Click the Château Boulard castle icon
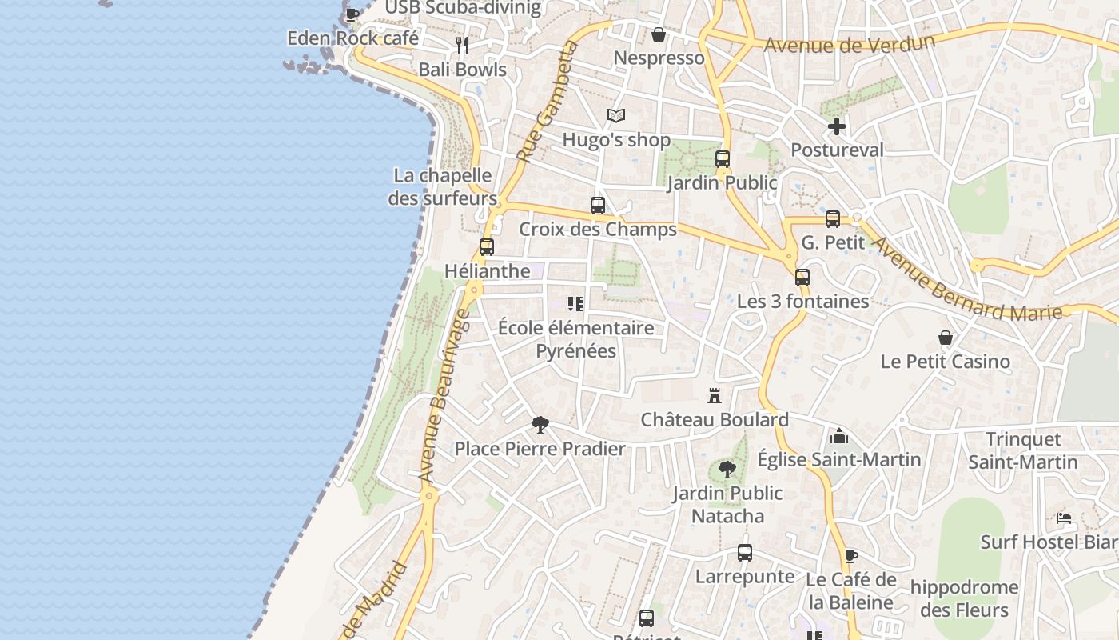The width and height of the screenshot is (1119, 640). [x=715, y=395]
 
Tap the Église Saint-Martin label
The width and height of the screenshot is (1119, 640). [x=838, y=459]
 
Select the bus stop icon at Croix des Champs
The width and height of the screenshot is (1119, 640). [x=598, y=206]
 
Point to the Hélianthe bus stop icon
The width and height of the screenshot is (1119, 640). [x=487, y=247]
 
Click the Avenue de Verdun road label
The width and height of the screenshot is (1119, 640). [x=849, y=42]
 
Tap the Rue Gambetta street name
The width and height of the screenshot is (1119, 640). [x=548, y=102]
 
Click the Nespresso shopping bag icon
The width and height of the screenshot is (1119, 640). [x=659, y=34]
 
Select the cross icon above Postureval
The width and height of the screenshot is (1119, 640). [x=837, y=126]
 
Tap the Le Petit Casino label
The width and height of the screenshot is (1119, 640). [x=945, y=362]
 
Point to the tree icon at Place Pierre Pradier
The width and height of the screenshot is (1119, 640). [x=540, y=425]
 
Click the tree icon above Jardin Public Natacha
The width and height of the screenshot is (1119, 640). [x=727, y=470]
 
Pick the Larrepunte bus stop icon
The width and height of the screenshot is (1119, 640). [x=745, y=553]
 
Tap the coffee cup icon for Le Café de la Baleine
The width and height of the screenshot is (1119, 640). [x=850, y=556]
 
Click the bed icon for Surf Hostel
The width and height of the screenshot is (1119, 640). [x=1064, y=518]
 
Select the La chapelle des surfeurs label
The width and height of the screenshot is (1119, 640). [x=443, y=186]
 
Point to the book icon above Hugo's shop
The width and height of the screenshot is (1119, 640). [x=616, y=116]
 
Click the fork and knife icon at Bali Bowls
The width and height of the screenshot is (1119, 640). [x=462, y=45]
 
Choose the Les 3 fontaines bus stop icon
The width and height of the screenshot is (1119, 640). [x=802, y=278]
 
